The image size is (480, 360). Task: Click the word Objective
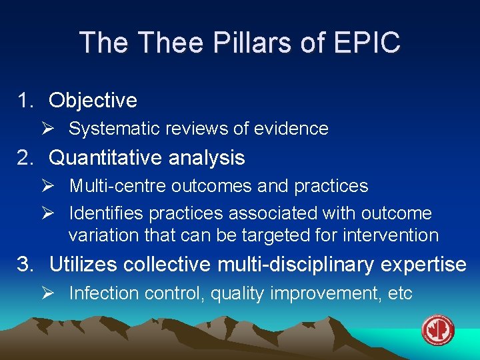pos(93,100)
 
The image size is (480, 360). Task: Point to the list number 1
pos(25,100)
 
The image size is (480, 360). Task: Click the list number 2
pos(25,158)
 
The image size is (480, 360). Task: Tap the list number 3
pos(25,265)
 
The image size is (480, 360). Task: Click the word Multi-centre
pos(117,186)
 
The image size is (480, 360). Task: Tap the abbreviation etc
pos(401,293)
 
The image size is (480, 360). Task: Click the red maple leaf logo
pos(438,330)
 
